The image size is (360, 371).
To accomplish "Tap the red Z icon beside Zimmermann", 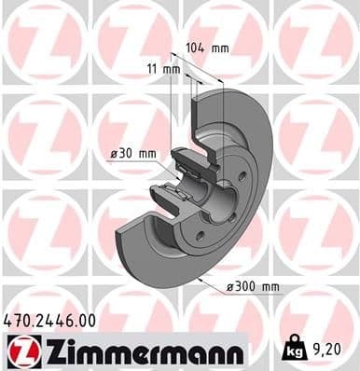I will (x=21, y=351).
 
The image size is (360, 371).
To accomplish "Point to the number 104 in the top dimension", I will (x=194, y=47).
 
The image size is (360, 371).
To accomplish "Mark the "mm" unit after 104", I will (x=219, y=47).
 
